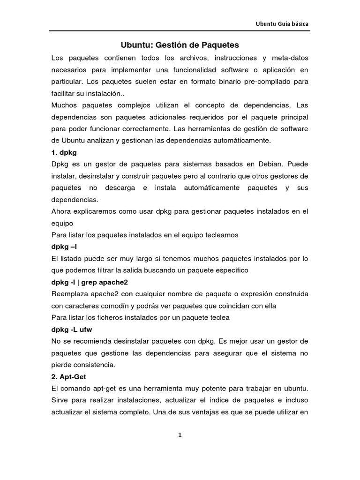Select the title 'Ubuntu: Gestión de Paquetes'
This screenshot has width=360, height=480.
click(180, 45)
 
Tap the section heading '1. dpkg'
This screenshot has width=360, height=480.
click(64, 152)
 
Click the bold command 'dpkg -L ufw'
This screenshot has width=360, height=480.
click(72, 330)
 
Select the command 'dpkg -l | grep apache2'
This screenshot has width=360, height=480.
click(90, 282)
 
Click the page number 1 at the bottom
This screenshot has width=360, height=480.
click(180, 435)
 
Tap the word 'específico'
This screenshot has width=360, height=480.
click(232, 270)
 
